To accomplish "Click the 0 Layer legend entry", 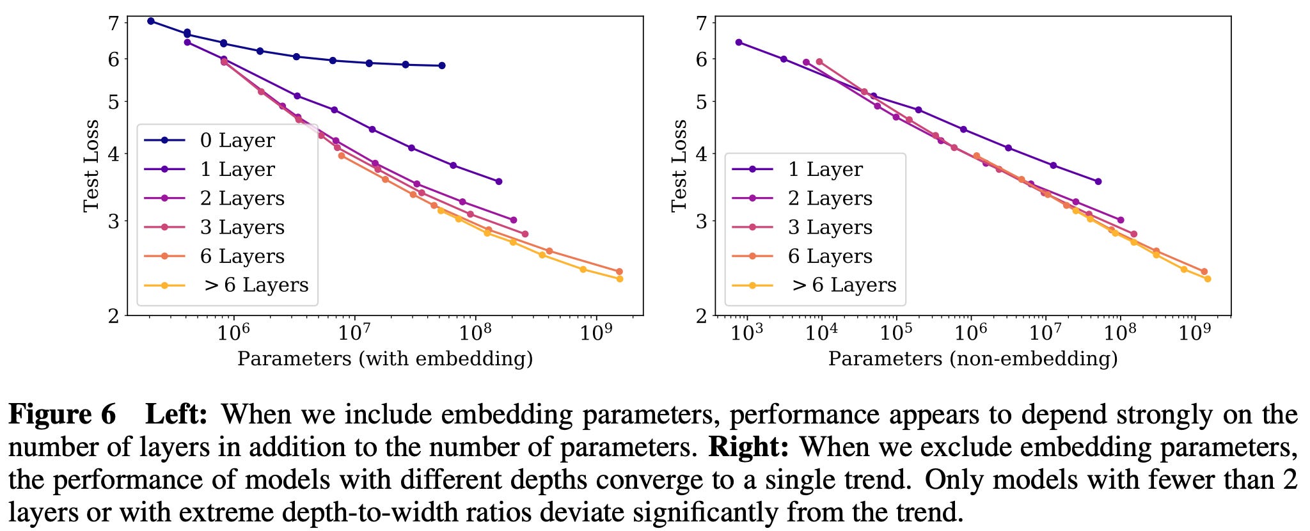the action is point(210,140).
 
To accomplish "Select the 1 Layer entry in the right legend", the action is point(798,169).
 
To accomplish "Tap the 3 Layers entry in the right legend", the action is point(802,227).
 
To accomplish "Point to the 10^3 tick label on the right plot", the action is point(746,333).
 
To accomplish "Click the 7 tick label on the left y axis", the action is point(114,24).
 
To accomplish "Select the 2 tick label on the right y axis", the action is point(702,315).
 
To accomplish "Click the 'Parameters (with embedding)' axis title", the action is point(385,358).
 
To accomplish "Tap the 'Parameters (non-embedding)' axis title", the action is point(973,358).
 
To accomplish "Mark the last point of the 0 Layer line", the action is point(442,65).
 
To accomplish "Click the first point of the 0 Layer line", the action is point(151,21).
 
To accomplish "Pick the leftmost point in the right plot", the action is point(739,42).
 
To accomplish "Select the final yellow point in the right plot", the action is point(1208,279).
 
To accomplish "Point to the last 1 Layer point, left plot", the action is point(499,182).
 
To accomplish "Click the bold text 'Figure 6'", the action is point(62,415).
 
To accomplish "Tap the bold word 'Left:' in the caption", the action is point(177,415).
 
